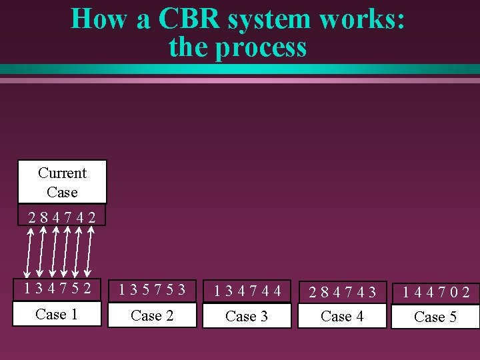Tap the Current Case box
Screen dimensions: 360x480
62,182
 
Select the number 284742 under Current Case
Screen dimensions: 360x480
61,217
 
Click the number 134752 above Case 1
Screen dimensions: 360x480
57,289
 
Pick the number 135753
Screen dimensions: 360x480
152,291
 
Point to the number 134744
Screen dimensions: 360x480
247,291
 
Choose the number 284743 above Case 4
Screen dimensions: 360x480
342,292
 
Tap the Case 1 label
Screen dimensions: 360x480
57,314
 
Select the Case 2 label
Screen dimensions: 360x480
152,315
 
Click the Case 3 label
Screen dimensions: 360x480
247,316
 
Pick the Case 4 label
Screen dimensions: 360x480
342,316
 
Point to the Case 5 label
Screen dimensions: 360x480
435,317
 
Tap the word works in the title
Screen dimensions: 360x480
361,19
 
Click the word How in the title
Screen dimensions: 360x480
101,19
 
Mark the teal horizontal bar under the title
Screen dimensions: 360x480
240,69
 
